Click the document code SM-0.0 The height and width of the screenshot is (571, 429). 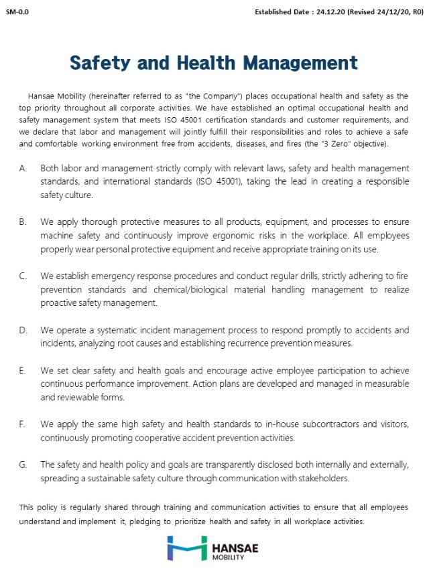tap(17, 12)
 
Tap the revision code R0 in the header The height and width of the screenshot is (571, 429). tap(419, 12)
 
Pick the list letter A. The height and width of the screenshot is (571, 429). tap(23, 168)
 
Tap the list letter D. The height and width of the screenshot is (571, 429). tap(23, 331)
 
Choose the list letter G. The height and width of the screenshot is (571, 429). tap(23, 464)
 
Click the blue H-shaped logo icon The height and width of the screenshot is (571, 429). tap(188, 548)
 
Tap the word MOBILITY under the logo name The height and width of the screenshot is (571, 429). tap(227, 557)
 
